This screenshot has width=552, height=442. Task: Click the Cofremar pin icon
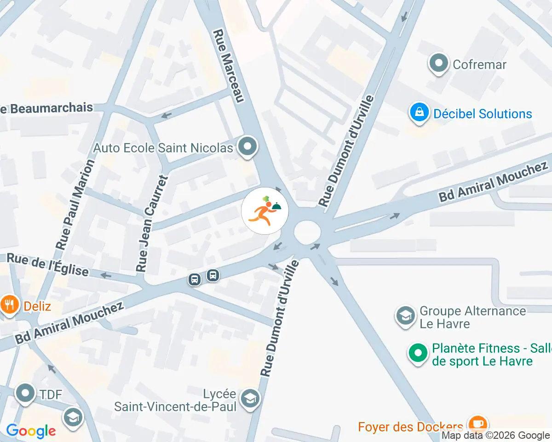pyautogui.click(x=438, y=64)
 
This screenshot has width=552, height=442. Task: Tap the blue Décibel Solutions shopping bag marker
pyautogui.click(x=419, y=113)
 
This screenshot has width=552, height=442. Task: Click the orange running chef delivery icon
pyautogui.click(x=265, y=211)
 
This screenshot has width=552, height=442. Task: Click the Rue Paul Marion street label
pyautogui.click(x=75, y=204)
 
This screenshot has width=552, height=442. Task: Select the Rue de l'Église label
pyautogui.click(x=48, y=264)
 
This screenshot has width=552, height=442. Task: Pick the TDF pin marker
pyautogui.click(x=25, y=393)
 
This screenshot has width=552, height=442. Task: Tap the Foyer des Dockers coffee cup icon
pyautogui.click(x=477, y=423)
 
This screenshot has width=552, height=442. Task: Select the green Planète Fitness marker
pyautogui.click(x=418, y=354)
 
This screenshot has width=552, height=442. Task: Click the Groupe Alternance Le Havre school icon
pyautogui.click(x=405, y=317)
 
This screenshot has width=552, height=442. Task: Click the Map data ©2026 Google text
pyautogui.click(x=496, y=435)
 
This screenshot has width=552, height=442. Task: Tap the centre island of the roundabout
pyautogui.click(x=307, y=232)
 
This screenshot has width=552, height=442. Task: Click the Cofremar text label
pyautogui.click(x=479, y=64)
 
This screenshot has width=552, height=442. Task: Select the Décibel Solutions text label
pyautogui.click(x=483, y=114)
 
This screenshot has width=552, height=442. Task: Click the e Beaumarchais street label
pyautogui.click(x=46, y=108)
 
